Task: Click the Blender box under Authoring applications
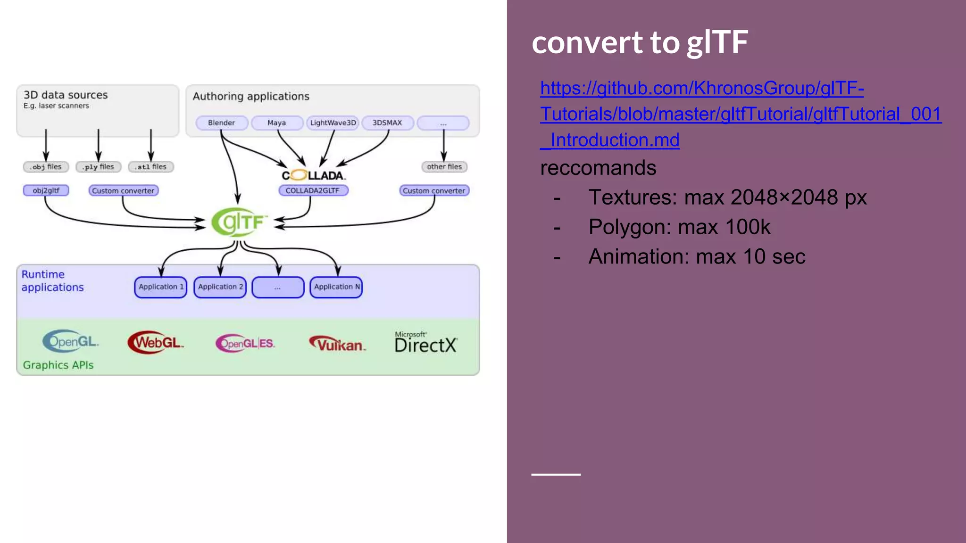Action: point(221,123)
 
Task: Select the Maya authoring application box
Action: point(277,123)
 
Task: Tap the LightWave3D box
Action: point(333,123)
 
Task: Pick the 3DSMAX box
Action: point(387,123)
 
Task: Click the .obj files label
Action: point(46,167)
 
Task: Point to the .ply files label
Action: point(99,167)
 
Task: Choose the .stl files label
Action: point(151,167)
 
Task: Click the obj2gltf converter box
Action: point(46,190)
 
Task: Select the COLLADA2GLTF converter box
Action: point(313,190)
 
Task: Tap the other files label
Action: point(444,167)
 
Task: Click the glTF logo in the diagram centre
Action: point(240,222)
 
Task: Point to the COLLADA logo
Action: point(314,175)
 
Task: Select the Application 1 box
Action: point(161,287)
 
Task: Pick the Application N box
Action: point(336,287)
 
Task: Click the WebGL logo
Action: point(156,343)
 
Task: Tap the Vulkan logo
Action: point(338,344)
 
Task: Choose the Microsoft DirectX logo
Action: point(426,343)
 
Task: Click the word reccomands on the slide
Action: point(598,168)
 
